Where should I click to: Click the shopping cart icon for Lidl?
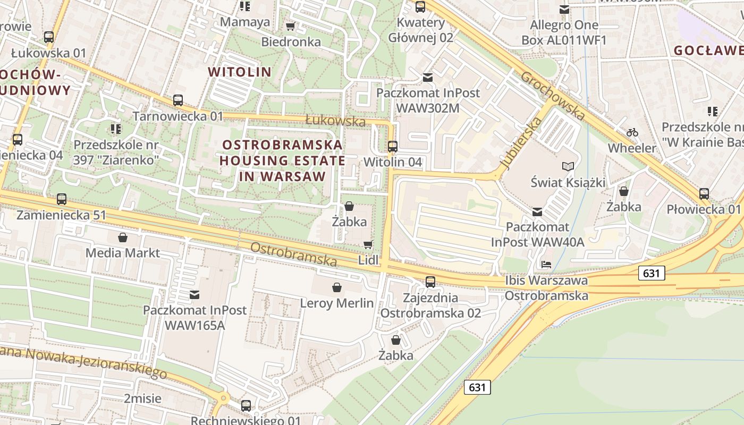(368, 244)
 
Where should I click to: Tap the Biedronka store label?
(291, 41)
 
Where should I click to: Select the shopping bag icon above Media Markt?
(123, 237)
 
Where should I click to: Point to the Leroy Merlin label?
(337, 303)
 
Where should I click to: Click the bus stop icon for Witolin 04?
(393, 146)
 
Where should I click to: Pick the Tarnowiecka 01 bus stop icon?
(178, 100)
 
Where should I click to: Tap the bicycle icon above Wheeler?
(632, 132)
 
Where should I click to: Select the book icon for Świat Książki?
(568, 167)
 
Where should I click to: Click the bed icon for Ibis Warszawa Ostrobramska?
(546, 264)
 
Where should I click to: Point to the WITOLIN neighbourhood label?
(240, 72)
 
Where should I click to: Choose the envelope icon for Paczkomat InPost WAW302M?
(428, 78)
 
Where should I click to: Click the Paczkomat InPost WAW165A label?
(195, 317)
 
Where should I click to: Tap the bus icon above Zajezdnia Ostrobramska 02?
(430, 282)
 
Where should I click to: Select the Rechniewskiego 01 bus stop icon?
(246, 406)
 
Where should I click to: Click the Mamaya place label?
(245, 22)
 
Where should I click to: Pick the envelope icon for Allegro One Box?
(564, 9)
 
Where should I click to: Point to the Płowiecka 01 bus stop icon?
(704, 193)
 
